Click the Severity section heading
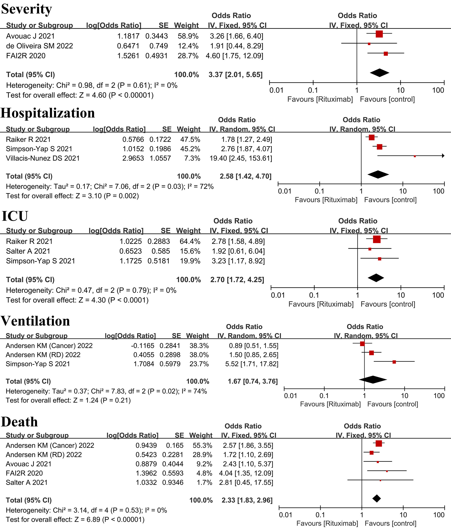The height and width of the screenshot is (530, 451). pyautogui.click(x=27, y=9)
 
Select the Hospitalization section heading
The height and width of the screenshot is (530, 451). pyautogui.click(x=48, y=113)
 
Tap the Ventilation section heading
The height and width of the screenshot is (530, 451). pyautogui.click(x=35, y=321)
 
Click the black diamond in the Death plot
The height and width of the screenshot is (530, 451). pyautogui.click(x=377, y=498)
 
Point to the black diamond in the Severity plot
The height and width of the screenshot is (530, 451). pyautogui.click(x=380, y=73)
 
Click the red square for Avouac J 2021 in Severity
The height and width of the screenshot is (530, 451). pyautogui.click(x=379, y=34)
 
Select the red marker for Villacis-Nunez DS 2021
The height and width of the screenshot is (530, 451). pyautogui.click(x=415, y=156)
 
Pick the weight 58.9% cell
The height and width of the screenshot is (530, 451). pyautogui.click(x=188, y=36)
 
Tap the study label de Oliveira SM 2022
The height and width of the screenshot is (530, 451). pyautogui.click(x=40, y=46)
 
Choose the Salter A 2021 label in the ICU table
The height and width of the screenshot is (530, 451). pyautogui.click(x=28, y=251)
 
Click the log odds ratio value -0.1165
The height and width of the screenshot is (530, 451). pyautogui.click(x=143, y=346)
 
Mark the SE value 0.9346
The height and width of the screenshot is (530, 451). pyautogui.click(x=173, y=482)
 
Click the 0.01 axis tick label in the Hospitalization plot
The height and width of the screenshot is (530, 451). pyautogui.click(x=285, y=191)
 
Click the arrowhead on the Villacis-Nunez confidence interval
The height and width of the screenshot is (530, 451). pyautogui.click(x=443, y=156)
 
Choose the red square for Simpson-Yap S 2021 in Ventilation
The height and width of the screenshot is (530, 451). pyautogui.click(x=394, y=362)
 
